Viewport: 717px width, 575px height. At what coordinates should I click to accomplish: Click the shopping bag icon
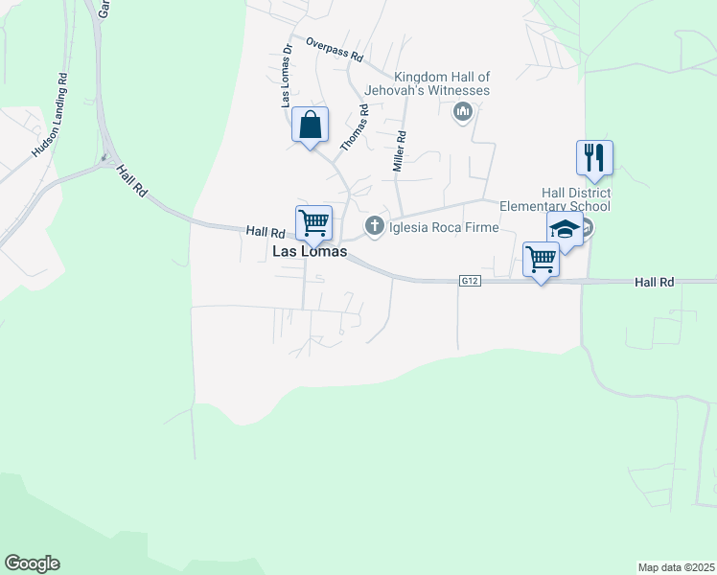pyautogui.click(x=310, y=125)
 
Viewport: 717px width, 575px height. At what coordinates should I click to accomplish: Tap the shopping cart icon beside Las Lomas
pyautogui.click(x=313, y=223)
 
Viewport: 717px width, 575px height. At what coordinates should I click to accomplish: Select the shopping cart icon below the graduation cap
pyautogui.click(x=542, y=259)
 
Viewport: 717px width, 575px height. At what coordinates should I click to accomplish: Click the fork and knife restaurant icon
pyautogui.click(x=594, y=157)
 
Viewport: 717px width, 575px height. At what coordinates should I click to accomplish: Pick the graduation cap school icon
pyautogui.click(x=565, y=230)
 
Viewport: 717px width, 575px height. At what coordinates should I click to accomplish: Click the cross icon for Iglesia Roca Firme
pyautogui.click(x=374, y=227)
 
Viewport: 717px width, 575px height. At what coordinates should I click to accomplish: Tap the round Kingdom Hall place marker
pyautogui.click(x=463, y=112)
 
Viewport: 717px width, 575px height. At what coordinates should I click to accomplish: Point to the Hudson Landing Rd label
pyautogui.click(x=51, y=115)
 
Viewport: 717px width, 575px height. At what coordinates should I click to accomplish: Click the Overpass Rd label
pyautogui.click(x=335, y=50)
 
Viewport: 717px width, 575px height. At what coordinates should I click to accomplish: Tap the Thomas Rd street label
pyautogui.click(x=356, y=127)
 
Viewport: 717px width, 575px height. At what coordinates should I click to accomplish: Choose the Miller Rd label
pyautogui.click(x=401, y=151)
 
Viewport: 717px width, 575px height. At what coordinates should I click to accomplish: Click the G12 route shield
pyautogui.click(x=469, y=281)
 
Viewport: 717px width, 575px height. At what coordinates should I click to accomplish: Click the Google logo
pyautogui.click(x=32, y=563)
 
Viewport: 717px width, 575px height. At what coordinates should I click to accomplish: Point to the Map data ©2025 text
pyautogui.click(x=676, y=567)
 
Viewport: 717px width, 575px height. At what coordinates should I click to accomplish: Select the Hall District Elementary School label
pyautogui.click(x=555, y=199)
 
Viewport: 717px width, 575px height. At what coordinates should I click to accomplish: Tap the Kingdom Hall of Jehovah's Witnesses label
pyautogui.click(x=442, y=83)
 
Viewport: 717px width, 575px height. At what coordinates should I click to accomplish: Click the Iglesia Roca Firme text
pyautogui.click(x=442, y=227)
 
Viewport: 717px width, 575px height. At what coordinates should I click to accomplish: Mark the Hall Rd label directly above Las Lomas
pyautogui.click(x=266, y=231)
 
